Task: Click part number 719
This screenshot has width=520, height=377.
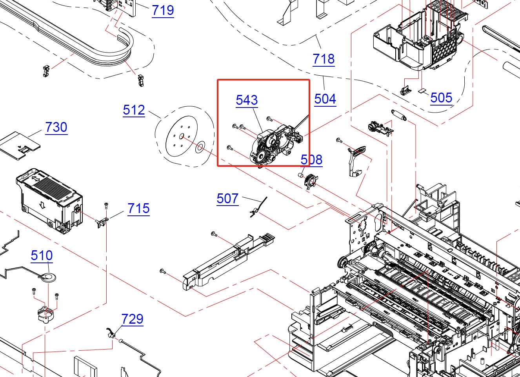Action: click(x=163, y=10)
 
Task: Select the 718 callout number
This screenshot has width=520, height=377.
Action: click(x=324, y=59)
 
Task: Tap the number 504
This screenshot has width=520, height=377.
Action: click(x=325, y=99)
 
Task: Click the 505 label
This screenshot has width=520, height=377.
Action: click(x=441, y=98)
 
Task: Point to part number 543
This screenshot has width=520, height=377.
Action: click(x=247, y=100)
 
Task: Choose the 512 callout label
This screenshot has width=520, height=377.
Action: click(x=134, y=110)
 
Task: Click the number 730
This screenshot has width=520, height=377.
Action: click(x=56, y=127)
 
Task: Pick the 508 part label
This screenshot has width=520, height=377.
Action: click(x=311, y=160)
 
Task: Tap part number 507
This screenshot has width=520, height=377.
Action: click(x=227, y=199)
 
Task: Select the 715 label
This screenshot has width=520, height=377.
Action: click(x=138, y=208)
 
